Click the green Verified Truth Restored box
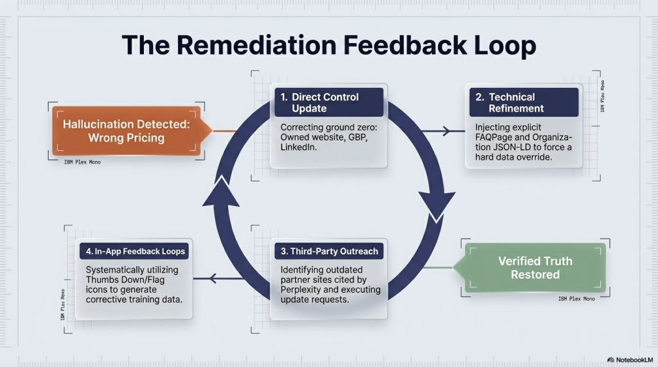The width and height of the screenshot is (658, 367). [535, 268]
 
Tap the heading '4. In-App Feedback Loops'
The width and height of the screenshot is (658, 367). [134, 251]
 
